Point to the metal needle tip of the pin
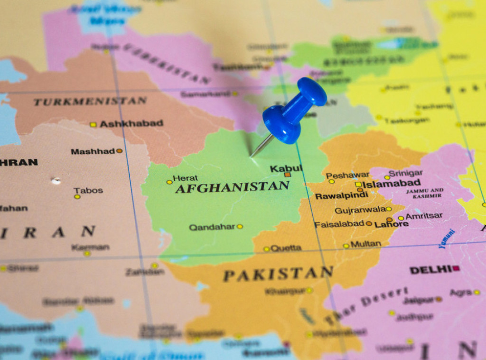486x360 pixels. pos(252,156)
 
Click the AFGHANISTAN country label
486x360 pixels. pos(232,187)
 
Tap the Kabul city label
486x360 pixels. pos(286,168)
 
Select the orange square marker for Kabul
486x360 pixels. pos(287,175)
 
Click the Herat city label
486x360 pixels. pos(185,178)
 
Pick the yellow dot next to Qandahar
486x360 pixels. pos(240,227)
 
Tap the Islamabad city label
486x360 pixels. pos(391,183)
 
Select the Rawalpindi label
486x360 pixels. pos(341,196)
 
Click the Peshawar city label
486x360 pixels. pos(347,175)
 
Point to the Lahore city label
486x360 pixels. pos(391,224)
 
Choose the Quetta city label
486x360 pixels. pos(285,248)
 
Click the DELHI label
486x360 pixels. pos(430,270)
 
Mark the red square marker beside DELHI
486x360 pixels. pos(456,268)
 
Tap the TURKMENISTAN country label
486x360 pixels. pos(90,101)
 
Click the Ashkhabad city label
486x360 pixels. pos(131,123)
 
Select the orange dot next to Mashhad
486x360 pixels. pos(119,151)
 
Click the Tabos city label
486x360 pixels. pos(88,190)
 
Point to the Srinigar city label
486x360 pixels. pos(405,173)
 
